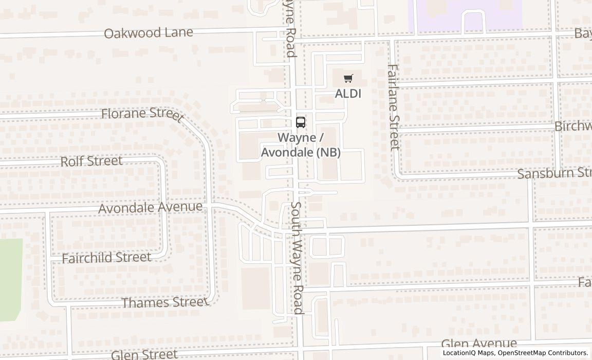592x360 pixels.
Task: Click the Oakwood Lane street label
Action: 149,33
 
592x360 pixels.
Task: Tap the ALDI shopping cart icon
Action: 348,79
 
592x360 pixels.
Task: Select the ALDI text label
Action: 348,94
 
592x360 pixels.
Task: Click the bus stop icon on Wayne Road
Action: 301,122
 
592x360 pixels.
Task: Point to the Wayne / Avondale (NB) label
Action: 301,145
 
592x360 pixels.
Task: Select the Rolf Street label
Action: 91,161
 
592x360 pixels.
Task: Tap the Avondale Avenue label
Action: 150,207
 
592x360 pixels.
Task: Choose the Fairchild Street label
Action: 106,257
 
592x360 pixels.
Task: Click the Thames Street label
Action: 164,302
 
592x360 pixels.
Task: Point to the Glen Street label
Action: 144,354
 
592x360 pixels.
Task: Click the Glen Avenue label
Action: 479,344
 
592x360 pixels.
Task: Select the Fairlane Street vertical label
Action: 393,107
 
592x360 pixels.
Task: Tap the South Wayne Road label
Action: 297,257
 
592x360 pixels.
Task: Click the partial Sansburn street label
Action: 554,173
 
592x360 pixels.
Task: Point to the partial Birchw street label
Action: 572,127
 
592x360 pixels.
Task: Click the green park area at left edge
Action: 11,278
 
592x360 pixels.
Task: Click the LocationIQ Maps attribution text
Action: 468,353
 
